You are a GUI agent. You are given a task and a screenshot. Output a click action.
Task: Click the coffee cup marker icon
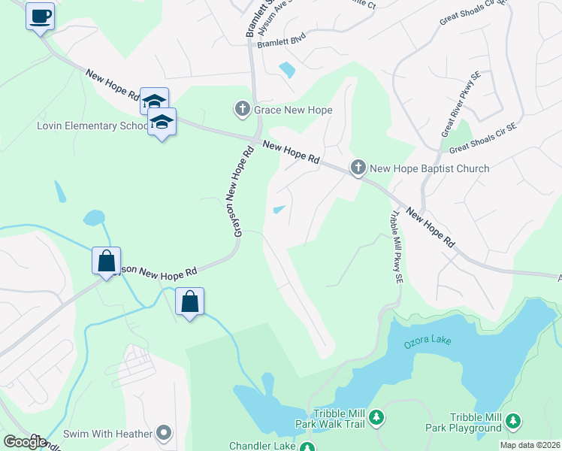click(41, 16)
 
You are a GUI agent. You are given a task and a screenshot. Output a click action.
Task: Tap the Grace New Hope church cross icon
click(243, 110)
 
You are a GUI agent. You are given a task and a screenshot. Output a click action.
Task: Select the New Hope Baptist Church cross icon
click(358, 168)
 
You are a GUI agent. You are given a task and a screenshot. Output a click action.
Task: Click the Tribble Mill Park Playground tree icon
click(514, 419)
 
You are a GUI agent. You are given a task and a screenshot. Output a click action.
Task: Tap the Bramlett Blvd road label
click(282, 43)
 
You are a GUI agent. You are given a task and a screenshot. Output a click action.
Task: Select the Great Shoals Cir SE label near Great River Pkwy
click(493, 138)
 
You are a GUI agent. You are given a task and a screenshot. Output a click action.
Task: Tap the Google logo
click(24, 442)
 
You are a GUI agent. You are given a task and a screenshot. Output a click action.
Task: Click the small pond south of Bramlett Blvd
click(286, 70)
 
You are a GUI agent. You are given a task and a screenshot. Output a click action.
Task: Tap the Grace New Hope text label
click(293, 110)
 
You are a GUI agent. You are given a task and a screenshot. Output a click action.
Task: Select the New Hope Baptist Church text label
click(429, 168)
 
